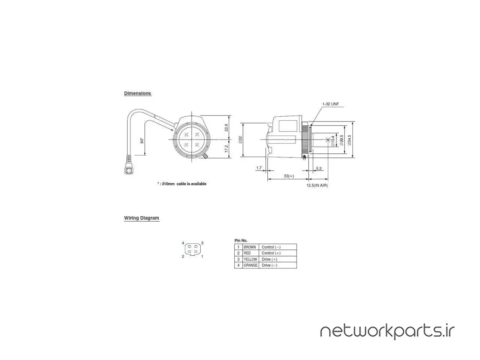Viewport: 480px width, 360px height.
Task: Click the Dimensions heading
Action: (138, 93)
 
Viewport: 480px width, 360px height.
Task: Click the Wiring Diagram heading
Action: (141, 218)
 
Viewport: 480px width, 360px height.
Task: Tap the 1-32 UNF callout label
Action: (330, 104)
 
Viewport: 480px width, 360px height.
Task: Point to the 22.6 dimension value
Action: (226, 127)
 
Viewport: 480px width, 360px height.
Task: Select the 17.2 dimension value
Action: (226, 148)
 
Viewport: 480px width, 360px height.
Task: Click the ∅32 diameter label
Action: (240, 139)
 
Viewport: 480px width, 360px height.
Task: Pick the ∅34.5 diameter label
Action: (349, 140)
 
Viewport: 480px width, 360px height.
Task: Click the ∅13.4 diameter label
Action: (333, 141)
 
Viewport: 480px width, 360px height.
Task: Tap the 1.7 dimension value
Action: (259, 168)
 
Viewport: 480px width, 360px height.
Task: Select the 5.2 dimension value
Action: (319, 168)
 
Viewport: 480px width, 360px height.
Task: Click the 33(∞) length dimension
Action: (289, 176)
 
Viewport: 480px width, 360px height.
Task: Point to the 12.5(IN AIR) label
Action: (317, 185)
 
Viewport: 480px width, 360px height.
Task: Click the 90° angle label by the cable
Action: (142, 141)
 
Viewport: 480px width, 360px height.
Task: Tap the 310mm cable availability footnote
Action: (182, 184)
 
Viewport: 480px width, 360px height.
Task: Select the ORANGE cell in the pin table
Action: (250, 265)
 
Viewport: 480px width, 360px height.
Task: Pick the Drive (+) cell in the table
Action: (269, 259)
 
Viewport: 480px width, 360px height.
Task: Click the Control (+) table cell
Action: (271, 253)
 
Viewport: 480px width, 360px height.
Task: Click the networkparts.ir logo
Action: (387, 331)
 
